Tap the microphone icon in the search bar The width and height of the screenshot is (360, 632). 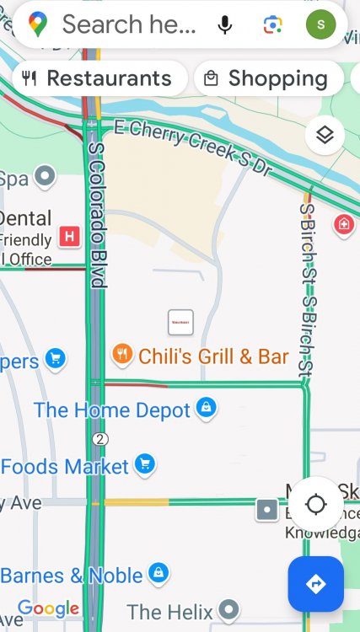point(225,24)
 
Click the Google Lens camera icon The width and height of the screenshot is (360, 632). point(272,24)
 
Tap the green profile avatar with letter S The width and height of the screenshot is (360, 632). point(320,24)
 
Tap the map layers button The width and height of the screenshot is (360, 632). point(325,134)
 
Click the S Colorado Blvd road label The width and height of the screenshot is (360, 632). point(96,215)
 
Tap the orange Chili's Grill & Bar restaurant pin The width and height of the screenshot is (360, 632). point(123,355)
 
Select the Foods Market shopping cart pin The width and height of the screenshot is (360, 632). point(145,464)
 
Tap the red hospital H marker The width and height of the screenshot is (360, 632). point(71,236)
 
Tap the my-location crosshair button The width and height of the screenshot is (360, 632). point(316,505)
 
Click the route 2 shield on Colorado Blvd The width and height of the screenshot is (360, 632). point(100,439)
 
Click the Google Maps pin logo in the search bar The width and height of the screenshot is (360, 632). point(38,24)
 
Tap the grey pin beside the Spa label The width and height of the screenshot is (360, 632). point(45,177)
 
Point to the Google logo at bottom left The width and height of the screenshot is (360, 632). point(48,608)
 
